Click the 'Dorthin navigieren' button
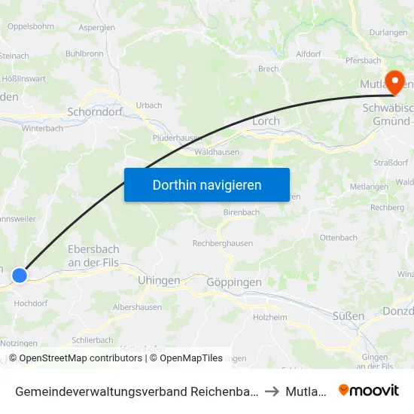207,184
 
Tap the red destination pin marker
394,81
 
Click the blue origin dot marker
20,275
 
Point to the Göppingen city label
233,282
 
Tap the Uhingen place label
159,280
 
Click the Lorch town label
266,120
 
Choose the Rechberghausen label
223,243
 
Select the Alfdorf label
309,54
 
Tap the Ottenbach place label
338,237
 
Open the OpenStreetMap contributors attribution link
81,358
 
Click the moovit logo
369,391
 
